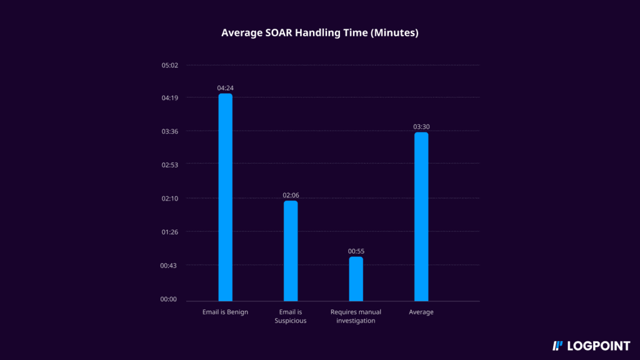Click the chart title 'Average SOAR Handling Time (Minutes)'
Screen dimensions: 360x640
[319, 32]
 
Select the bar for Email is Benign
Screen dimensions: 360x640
[225, 197]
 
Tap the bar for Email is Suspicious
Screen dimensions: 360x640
[291, 251]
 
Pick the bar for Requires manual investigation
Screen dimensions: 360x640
[356, 279]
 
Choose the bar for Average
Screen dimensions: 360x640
[421, 216]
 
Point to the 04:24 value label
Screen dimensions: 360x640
[225, 88]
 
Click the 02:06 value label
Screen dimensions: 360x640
[291, 195]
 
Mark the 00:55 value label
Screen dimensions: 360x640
[356, 251]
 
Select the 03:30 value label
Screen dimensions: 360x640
[421, 127]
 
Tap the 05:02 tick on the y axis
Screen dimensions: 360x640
[170, 65]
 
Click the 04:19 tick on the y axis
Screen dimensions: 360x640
[170, 98]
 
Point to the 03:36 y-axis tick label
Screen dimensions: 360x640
[170, 131]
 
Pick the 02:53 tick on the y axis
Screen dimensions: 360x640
[170, 165]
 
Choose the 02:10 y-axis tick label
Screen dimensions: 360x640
[170, 199]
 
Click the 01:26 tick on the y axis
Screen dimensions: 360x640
[170, 232]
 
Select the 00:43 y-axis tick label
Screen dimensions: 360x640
[170, 266]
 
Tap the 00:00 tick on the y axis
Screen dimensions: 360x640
[170, 299]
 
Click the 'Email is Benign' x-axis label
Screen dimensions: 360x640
[225, 312]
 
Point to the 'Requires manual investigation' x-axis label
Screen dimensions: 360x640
[356, 316]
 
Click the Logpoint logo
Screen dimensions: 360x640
[591, 345]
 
